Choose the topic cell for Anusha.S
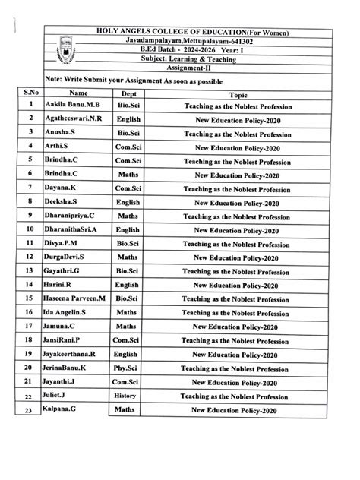point(237,132)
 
